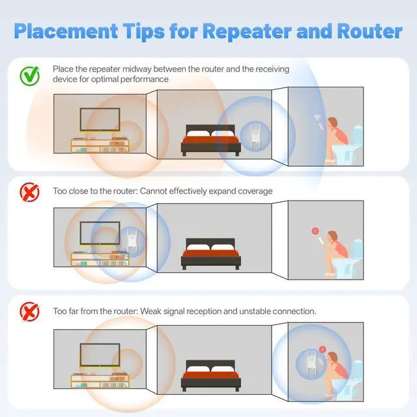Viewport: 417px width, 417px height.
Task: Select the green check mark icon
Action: tap(29, 76)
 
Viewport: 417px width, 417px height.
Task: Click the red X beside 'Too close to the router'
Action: tap(29, 192)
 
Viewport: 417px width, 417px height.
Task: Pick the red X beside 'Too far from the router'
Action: tap(29, 312)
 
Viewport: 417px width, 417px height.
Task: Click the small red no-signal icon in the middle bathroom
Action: tap(315, 231)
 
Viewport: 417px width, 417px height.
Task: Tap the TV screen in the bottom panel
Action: tap(100, 355)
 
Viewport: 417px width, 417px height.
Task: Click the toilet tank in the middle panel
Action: tap(357, 248)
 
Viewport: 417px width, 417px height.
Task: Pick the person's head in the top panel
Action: tap(332, 122)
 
